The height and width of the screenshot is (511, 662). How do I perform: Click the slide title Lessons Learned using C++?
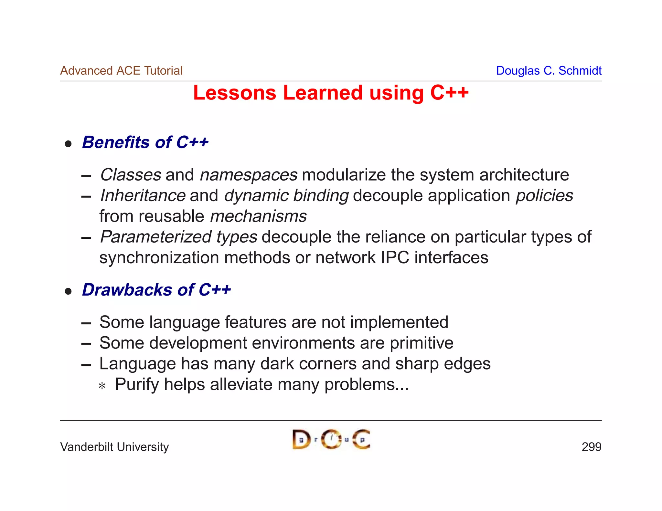pyautogui.click(x=331, y=93)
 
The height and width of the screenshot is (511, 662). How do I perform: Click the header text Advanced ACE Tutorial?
pyautogui.click(x=121, y=71)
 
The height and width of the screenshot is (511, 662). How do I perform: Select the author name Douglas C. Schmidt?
pyautogui.click(x=549, y=71)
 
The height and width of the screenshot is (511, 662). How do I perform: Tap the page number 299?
pyautogui.click(x=591, y=447)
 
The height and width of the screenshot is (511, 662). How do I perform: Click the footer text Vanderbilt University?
pyautogui.click(x=114, y=447)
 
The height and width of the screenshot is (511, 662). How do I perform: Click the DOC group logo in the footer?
pyautogui.click(x=331, y=439)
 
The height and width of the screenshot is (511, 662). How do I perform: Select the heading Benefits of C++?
pyautogui.click(x=145, y=142)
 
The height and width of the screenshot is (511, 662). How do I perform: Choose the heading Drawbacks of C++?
pyautogui.click(x=156, y=290)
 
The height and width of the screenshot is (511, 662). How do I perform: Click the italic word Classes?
pyautogui.click(x=131, y=175)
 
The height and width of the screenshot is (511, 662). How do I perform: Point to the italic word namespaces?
pyautogui.click(x=249, y=175)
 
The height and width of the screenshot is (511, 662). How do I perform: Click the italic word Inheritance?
pyautogui.click(x=143, y=196)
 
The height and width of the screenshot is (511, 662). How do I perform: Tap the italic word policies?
pyautogui.click(x=544, y=196)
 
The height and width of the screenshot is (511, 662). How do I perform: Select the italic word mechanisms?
pyautogui.click(x=258, y=216)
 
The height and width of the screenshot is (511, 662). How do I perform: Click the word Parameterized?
pyautogui.click(x=156, y=237)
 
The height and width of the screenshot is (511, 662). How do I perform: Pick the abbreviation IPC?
pyautogui.click(x=395, y=258)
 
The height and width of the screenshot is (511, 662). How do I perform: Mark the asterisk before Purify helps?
pyautogui.click(x=102, y=386)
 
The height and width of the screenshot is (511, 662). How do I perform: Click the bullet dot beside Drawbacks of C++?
pyautogui.click(x=68, y=292)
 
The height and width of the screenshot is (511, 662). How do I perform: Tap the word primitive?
pyautogui.click(x=422, y=343)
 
